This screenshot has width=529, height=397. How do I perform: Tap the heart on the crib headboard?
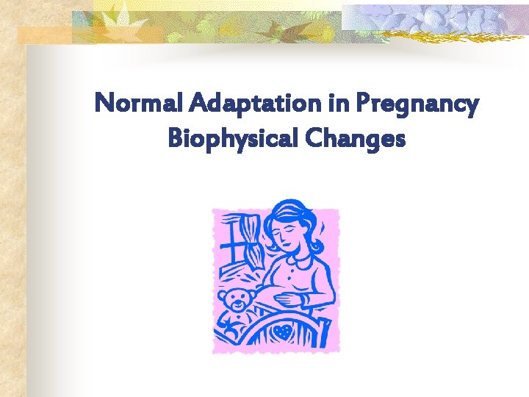[x=282, y=332]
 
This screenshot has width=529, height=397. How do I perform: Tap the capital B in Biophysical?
[x=176, y=137]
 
